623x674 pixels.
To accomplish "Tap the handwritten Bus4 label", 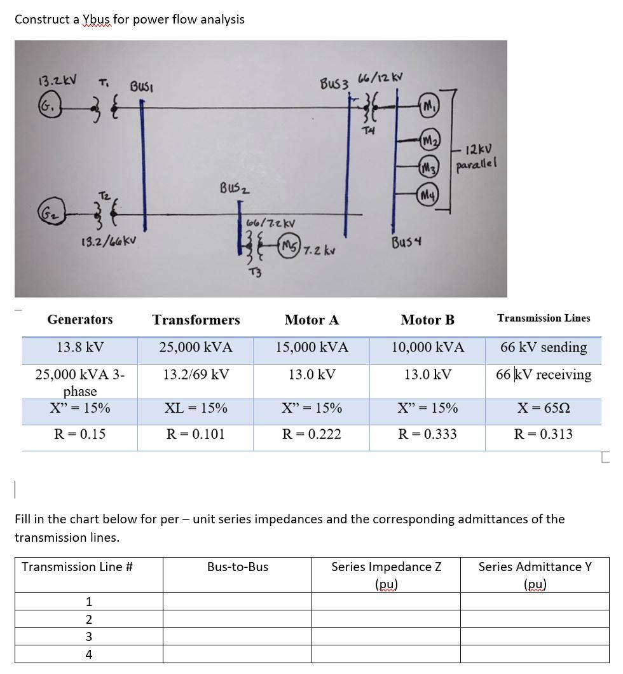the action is click(x=408, y=242).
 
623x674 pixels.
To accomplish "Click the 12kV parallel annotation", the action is click(x=476, y=157).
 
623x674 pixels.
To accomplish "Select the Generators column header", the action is click(x=80, y=319).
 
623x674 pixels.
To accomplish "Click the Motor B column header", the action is click(x=427, y=320).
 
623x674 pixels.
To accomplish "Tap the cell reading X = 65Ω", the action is click(x=544, y=408).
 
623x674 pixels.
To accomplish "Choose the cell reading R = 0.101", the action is click(x=195, y=434).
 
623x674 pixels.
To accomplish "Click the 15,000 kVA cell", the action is click(x=311, y=347).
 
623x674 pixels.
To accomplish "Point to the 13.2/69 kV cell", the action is click(x=196, y=374).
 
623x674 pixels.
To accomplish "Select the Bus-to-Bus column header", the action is click(x=238, y=567).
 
